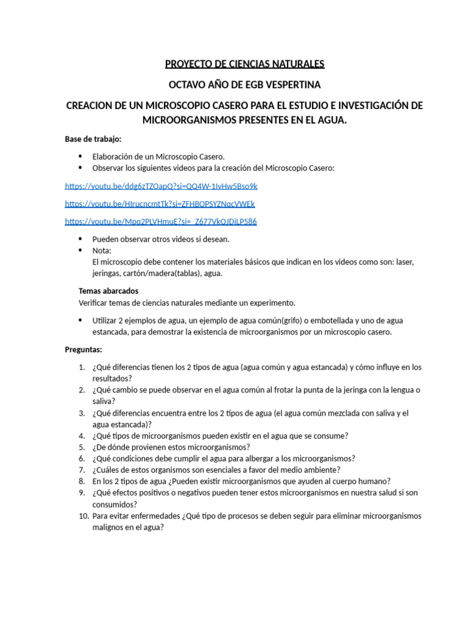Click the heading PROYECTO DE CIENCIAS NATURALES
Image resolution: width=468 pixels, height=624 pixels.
tap(244, 64)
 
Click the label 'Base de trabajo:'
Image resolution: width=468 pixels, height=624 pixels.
tap(93, 139)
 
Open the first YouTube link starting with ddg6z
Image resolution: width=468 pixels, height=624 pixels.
tap(161, 186)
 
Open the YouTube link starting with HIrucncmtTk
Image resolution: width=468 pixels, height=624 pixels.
tap(160, 204)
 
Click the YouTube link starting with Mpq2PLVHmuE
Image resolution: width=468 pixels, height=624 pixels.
tap(160, 221)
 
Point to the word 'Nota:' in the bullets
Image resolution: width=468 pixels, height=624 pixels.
tap(102, 250)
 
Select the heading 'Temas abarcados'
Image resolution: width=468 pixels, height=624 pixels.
tap(108, 291)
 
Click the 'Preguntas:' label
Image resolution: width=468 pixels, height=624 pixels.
tap(84, 350)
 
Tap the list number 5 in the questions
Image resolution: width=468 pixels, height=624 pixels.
tap(82, 447)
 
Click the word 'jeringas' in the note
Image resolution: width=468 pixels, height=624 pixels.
tap(106, 274)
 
